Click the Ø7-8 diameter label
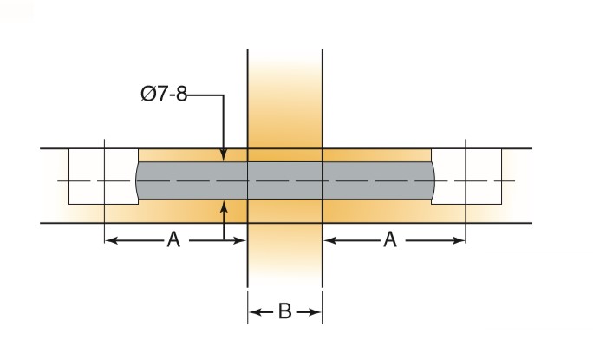[164, 94]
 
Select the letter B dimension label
[284, 311]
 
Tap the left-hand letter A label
[173, 239]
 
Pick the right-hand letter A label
[390, 239]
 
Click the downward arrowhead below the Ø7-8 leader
[224, 154]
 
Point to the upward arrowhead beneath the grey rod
[224, 207]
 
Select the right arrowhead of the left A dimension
[240, 240]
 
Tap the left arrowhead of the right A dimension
[330, 240]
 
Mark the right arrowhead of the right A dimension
[458, 240]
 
